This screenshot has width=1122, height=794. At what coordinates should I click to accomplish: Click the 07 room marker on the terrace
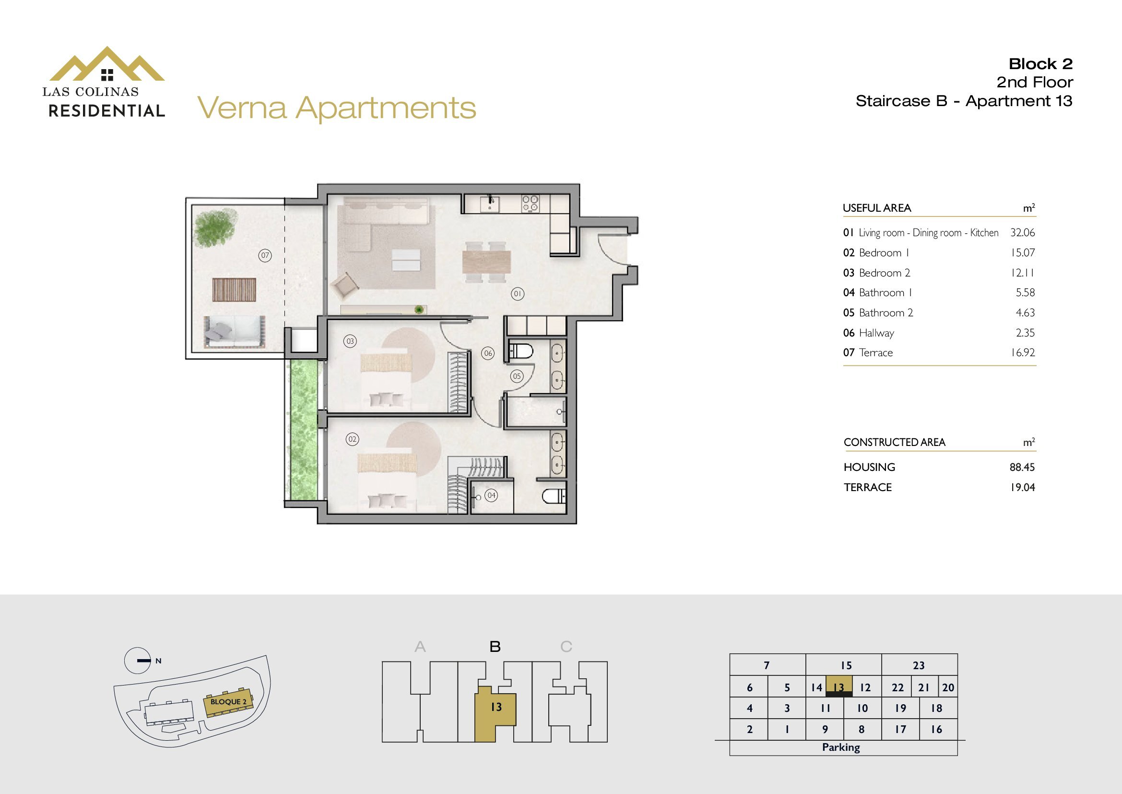pos(265,255)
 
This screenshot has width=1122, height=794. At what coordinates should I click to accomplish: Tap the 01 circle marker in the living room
pos(518,294)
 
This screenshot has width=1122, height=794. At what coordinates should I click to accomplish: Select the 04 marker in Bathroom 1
pos(492,495)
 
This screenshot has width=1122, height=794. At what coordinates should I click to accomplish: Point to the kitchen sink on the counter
pos(490,204)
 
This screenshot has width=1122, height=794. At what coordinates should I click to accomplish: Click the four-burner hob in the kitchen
pos(530,204)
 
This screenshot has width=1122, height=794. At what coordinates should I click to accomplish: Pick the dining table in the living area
pos(487,262)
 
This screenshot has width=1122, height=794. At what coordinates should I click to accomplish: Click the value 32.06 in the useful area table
pos(1022,233)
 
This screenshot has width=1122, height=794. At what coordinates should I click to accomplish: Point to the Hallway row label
pos(876,333)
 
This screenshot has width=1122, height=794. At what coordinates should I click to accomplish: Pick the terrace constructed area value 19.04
pos(1022,487)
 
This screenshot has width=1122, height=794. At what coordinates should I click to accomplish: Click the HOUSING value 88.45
pos(1022,467)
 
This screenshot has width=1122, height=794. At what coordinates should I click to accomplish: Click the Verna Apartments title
pos(337,108)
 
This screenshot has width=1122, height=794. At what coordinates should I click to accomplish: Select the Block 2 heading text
pos(1040,63)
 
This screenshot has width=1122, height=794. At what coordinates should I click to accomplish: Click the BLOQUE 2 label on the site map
pos(229,702)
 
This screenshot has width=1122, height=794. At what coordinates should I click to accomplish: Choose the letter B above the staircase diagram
pos(495,647)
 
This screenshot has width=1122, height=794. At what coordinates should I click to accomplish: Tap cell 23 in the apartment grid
pos(919,665)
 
